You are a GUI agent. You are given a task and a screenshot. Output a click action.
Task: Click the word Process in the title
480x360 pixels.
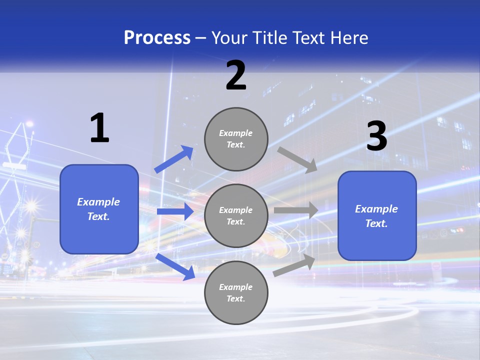coord(157,38)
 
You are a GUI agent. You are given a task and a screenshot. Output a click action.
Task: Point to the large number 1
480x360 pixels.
coord(99,128)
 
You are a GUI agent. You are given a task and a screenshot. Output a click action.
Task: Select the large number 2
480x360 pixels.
coord(236,75)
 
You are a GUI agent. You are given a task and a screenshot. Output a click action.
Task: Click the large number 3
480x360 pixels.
coord(376,136)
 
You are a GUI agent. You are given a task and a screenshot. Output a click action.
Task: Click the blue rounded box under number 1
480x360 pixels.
coord(99,209)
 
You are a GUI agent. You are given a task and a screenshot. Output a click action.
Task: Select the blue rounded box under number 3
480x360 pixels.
coord(377,216)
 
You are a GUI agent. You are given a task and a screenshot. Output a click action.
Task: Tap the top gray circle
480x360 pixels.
coord(236,139)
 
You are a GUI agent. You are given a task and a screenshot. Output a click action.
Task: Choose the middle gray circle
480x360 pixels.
coord(236,215)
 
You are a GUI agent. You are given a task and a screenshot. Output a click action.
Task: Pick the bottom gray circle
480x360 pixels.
coord(236,292)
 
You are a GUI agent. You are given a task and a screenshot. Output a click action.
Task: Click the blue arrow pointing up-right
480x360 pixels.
coord(174,159)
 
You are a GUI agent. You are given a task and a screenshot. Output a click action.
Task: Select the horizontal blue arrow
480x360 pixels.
coord(174,211)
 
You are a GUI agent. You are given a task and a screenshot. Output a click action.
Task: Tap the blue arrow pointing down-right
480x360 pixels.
coord(175,266)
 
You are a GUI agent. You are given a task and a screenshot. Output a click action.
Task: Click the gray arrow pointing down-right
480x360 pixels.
coord(297,159)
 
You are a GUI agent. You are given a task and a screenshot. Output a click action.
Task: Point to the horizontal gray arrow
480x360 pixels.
coord(295,210)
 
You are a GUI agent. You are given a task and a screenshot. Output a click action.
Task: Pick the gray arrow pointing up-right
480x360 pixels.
coord(294,265)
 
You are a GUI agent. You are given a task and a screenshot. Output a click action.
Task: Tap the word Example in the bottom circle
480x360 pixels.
coord(235,287)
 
